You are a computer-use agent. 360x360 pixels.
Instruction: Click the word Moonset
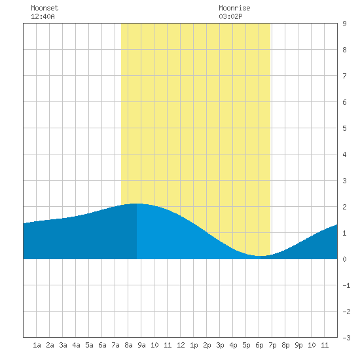(45, 8)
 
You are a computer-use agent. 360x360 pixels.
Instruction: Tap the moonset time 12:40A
(43, 16)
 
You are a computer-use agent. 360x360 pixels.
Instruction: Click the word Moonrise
(234, 8)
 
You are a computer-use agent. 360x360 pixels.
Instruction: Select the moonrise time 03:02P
(230, 16)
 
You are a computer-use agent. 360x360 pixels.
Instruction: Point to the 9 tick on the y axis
(344, 24)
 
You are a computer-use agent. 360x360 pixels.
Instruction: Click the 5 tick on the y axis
(344, 128)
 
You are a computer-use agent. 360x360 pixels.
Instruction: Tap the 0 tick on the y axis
(344, 259)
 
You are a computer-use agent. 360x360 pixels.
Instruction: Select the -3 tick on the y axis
(346, 338)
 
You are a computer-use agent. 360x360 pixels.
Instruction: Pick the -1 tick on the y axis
(346, 285)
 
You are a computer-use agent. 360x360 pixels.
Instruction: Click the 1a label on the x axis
(37, 345)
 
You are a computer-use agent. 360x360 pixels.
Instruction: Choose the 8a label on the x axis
(128, 345)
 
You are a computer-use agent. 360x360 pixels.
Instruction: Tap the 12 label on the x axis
(181, 345)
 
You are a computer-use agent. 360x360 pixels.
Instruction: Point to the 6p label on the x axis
(259, 345)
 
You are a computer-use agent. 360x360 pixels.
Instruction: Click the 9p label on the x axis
(298, 345)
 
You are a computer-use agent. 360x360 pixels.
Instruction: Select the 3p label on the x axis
(220, 345)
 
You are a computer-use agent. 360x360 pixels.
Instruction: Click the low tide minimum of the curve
(261, 256)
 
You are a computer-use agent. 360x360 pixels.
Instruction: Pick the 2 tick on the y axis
(344, 207)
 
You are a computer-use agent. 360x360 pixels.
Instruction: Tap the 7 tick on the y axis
(344, 76)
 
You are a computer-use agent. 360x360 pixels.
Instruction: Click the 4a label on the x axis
(76, 345)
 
